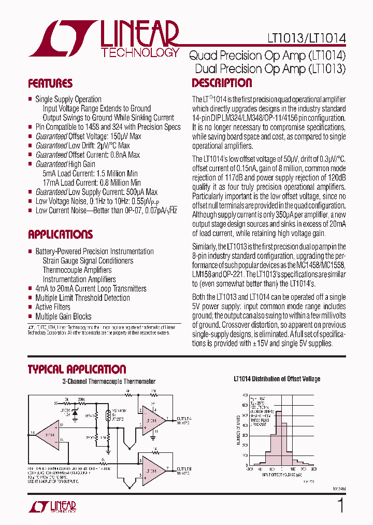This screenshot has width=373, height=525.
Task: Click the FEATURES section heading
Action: (x=50, y=84)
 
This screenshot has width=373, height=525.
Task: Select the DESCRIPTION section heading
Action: (x=222, y=83)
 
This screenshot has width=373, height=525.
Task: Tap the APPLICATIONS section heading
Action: (x=60, y=234)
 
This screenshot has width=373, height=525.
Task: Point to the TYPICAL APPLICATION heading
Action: (x=77, y=369)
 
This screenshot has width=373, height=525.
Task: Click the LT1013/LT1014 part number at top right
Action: (x=306, y=38)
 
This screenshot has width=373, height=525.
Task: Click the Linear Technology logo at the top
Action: (x=104, y=39)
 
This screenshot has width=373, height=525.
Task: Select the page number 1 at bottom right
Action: (x=340, y=505)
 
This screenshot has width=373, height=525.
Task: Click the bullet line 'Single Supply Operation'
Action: (x=68, y=99)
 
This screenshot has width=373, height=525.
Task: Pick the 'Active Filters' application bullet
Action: (x=52, y=307)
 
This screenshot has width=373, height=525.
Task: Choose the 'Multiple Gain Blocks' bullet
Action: (x=63, y=316)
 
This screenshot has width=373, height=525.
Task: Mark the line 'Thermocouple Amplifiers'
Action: (x=77, y=270)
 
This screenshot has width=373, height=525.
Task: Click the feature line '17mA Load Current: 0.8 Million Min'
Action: (x=92, y=183)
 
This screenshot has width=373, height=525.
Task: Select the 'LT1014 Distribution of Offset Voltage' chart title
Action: (x=276, y=379)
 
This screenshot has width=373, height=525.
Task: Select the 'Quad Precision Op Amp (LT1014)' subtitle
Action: (x=267, y=54)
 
